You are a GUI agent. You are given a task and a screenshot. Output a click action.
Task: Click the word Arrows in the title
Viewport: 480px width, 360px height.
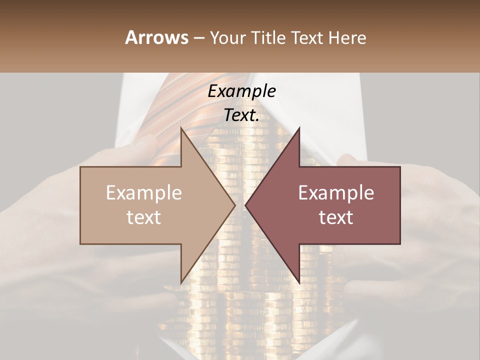coord(156,38)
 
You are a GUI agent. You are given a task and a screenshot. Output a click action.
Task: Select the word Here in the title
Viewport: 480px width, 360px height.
coord(346,38)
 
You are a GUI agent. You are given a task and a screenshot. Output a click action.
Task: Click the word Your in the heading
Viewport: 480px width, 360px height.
coord(227,38)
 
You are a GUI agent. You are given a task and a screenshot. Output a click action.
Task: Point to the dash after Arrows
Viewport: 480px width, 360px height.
coord(198,38)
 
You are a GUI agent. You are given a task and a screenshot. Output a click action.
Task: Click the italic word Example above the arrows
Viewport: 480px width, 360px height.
coord(241,91)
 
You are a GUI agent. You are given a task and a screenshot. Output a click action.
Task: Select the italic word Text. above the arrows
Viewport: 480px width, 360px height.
coord(241,115)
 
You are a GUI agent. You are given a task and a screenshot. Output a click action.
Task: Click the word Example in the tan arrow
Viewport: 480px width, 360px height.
coord(144,193)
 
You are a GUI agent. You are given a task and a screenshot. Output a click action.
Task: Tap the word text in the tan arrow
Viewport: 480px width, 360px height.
coord(144,217)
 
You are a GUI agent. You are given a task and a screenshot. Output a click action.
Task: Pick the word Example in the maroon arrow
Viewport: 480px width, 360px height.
coord(336,193)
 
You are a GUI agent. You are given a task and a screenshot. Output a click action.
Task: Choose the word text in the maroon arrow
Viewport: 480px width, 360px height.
coord(336,217)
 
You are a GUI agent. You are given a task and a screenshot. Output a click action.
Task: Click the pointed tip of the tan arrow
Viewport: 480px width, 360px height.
coord(235,205)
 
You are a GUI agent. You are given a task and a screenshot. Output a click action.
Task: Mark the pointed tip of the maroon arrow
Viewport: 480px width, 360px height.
coord(245,205)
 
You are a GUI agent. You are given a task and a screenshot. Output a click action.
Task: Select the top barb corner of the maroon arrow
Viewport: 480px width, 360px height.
coord(299,128)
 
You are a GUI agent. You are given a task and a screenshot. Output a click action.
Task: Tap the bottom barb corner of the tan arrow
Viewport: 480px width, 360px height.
coord(181,283)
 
